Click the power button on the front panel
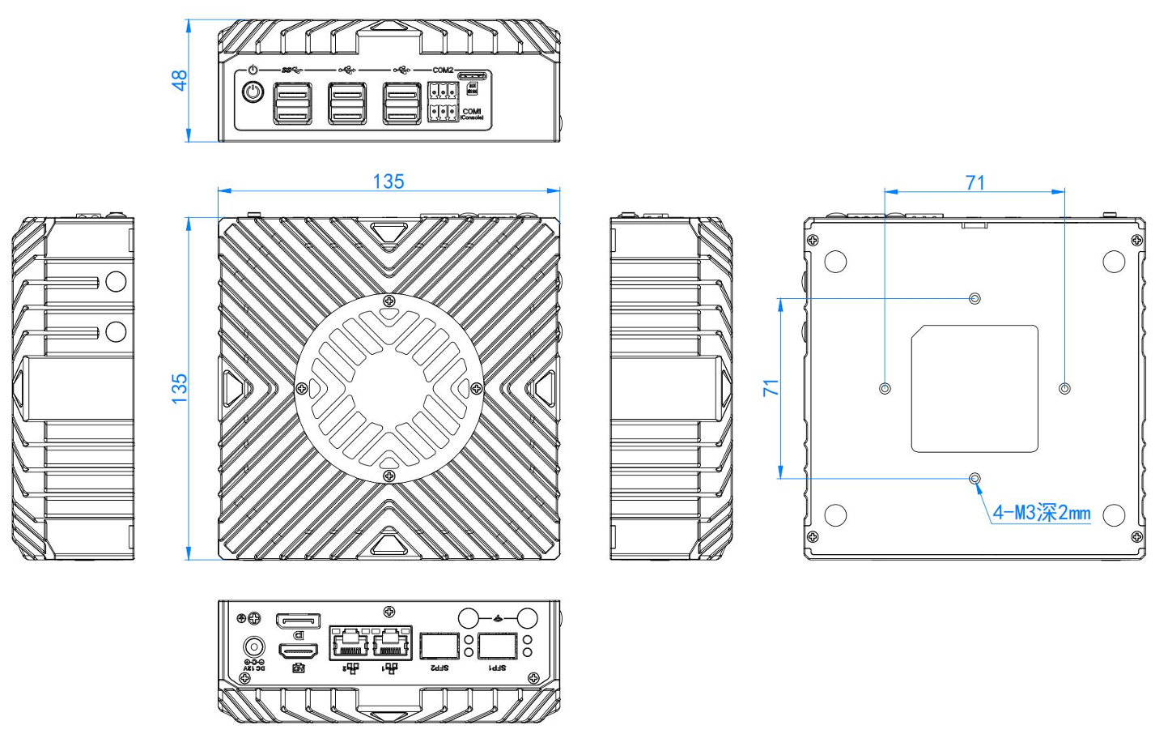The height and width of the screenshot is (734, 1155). point(253,92)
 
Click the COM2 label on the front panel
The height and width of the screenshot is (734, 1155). point(443,70)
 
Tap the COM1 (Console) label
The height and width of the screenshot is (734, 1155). point(472,113)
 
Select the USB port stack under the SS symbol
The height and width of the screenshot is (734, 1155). point(292,103)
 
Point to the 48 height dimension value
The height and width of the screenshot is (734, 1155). point(179,80)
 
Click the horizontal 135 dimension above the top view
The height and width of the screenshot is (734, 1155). point(389,181)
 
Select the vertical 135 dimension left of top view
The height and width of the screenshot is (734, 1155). point(179,389)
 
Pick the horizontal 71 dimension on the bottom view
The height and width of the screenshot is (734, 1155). point(975,183)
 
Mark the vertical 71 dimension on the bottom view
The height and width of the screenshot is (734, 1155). point(771,388)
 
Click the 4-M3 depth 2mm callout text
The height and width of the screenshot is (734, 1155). point(1042,513)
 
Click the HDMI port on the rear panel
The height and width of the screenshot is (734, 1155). point(299,651)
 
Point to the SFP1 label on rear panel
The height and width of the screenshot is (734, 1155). point(496,668)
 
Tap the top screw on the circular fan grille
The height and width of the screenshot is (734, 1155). point(389,301)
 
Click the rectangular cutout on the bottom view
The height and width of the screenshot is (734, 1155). point(975,389)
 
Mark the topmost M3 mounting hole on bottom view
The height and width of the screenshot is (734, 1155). point(975,299)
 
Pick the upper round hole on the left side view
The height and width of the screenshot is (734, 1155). point(116,281)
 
